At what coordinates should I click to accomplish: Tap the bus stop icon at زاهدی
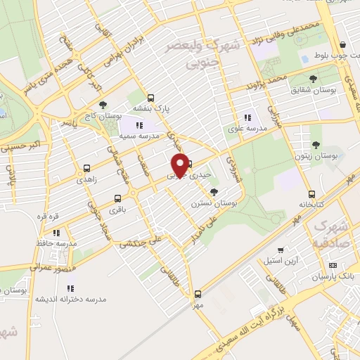point(87,168)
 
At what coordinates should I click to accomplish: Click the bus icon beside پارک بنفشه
point(152,98)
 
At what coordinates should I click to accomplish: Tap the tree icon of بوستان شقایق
point(313,79)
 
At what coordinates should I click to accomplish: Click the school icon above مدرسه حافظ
point(56,233)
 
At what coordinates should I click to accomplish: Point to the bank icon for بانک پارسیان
point(333,265)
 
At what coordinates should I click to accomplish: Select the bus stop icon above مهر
point(198,295)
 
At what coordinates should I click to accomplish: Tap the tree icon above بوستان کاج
point(103,104)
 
